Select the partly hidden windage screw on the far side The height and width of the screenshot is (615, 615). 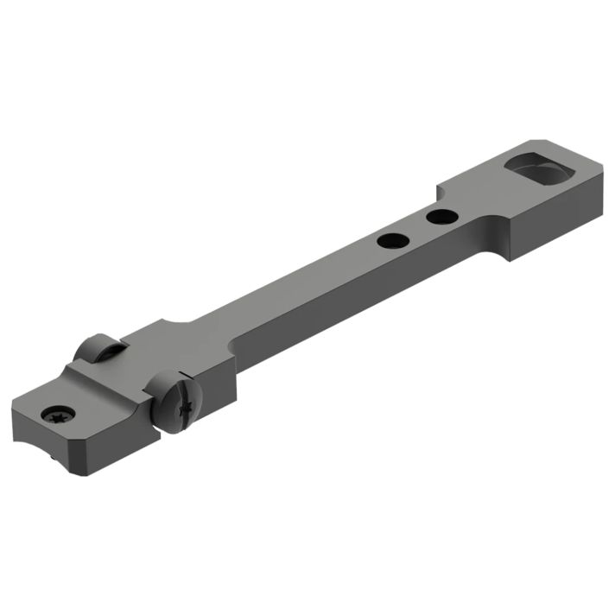click(x=97, y=349)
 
